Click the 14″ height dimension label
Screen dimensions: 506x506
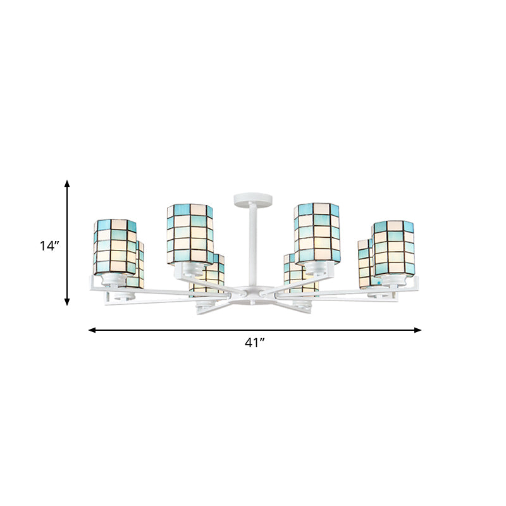[x=48, y=246]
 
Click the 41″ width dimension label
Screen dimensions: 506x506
[x=254, y=343]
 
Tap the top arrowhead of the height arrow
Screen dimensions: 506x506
[x=67, y=183]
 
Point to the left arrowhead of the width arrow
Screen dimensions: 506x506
[x=92, y=330]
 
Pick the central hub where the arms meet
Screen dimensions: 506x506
[x=253, y=294]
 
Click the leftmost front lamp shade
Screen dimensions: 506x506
[x=114, y=247]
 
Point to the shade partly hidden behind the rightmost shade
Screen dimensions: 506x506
[x=365, y=262]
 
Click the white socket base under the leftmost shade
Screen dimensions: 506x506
[x=116, y=279]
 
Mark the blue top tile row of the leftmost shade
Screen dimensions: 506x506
[x=114, y=225]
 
